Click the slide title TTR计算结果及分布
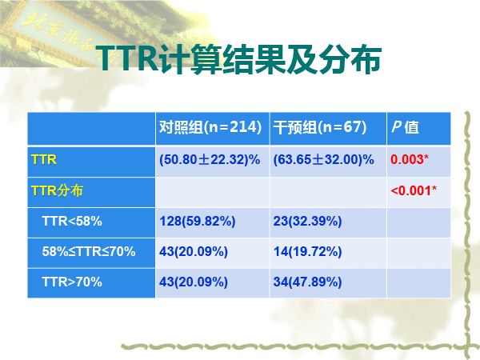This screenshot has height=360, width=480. (239, 59)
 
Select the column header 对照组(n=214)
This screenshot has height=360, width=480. (210, 127)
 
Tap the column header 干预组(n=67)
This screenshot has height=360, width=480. (320, 127)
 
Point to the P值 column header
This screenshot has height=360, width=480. (405, 127)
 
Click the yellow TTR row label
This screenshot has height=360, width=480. (44, 160)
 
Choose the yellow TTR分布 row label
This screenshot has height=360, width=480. (57, 190)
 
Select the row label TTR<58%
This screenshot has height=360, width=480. (72, 221)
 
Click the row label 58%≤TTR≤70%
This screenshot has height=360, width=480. (89, 252)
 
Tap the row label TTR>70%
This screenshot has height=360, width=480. (72, 282)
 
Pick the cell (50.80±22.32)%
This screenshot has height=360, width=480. (210, 160)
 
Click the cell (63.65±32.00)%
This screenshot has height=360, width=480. (323, 160)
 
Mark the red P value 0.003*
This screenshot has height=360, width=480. (410, 159)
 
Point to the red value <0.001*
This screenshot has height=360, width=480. (414, 190)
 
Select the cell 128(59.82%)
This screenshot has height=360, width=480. (197, 221)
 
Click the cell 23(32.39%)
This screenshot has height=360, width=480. (307, 221)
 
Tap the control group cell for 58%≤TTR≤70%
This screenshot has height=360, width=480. (194, 252)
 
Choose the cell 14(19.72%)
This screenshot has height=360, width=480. (307, 252)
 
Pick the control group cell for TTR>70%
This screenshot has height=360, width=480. (194, 282)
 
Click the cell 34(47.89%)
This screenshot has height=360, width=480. (307, 282)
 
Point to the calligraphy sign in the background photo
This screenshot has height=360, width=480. (62, 34)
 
